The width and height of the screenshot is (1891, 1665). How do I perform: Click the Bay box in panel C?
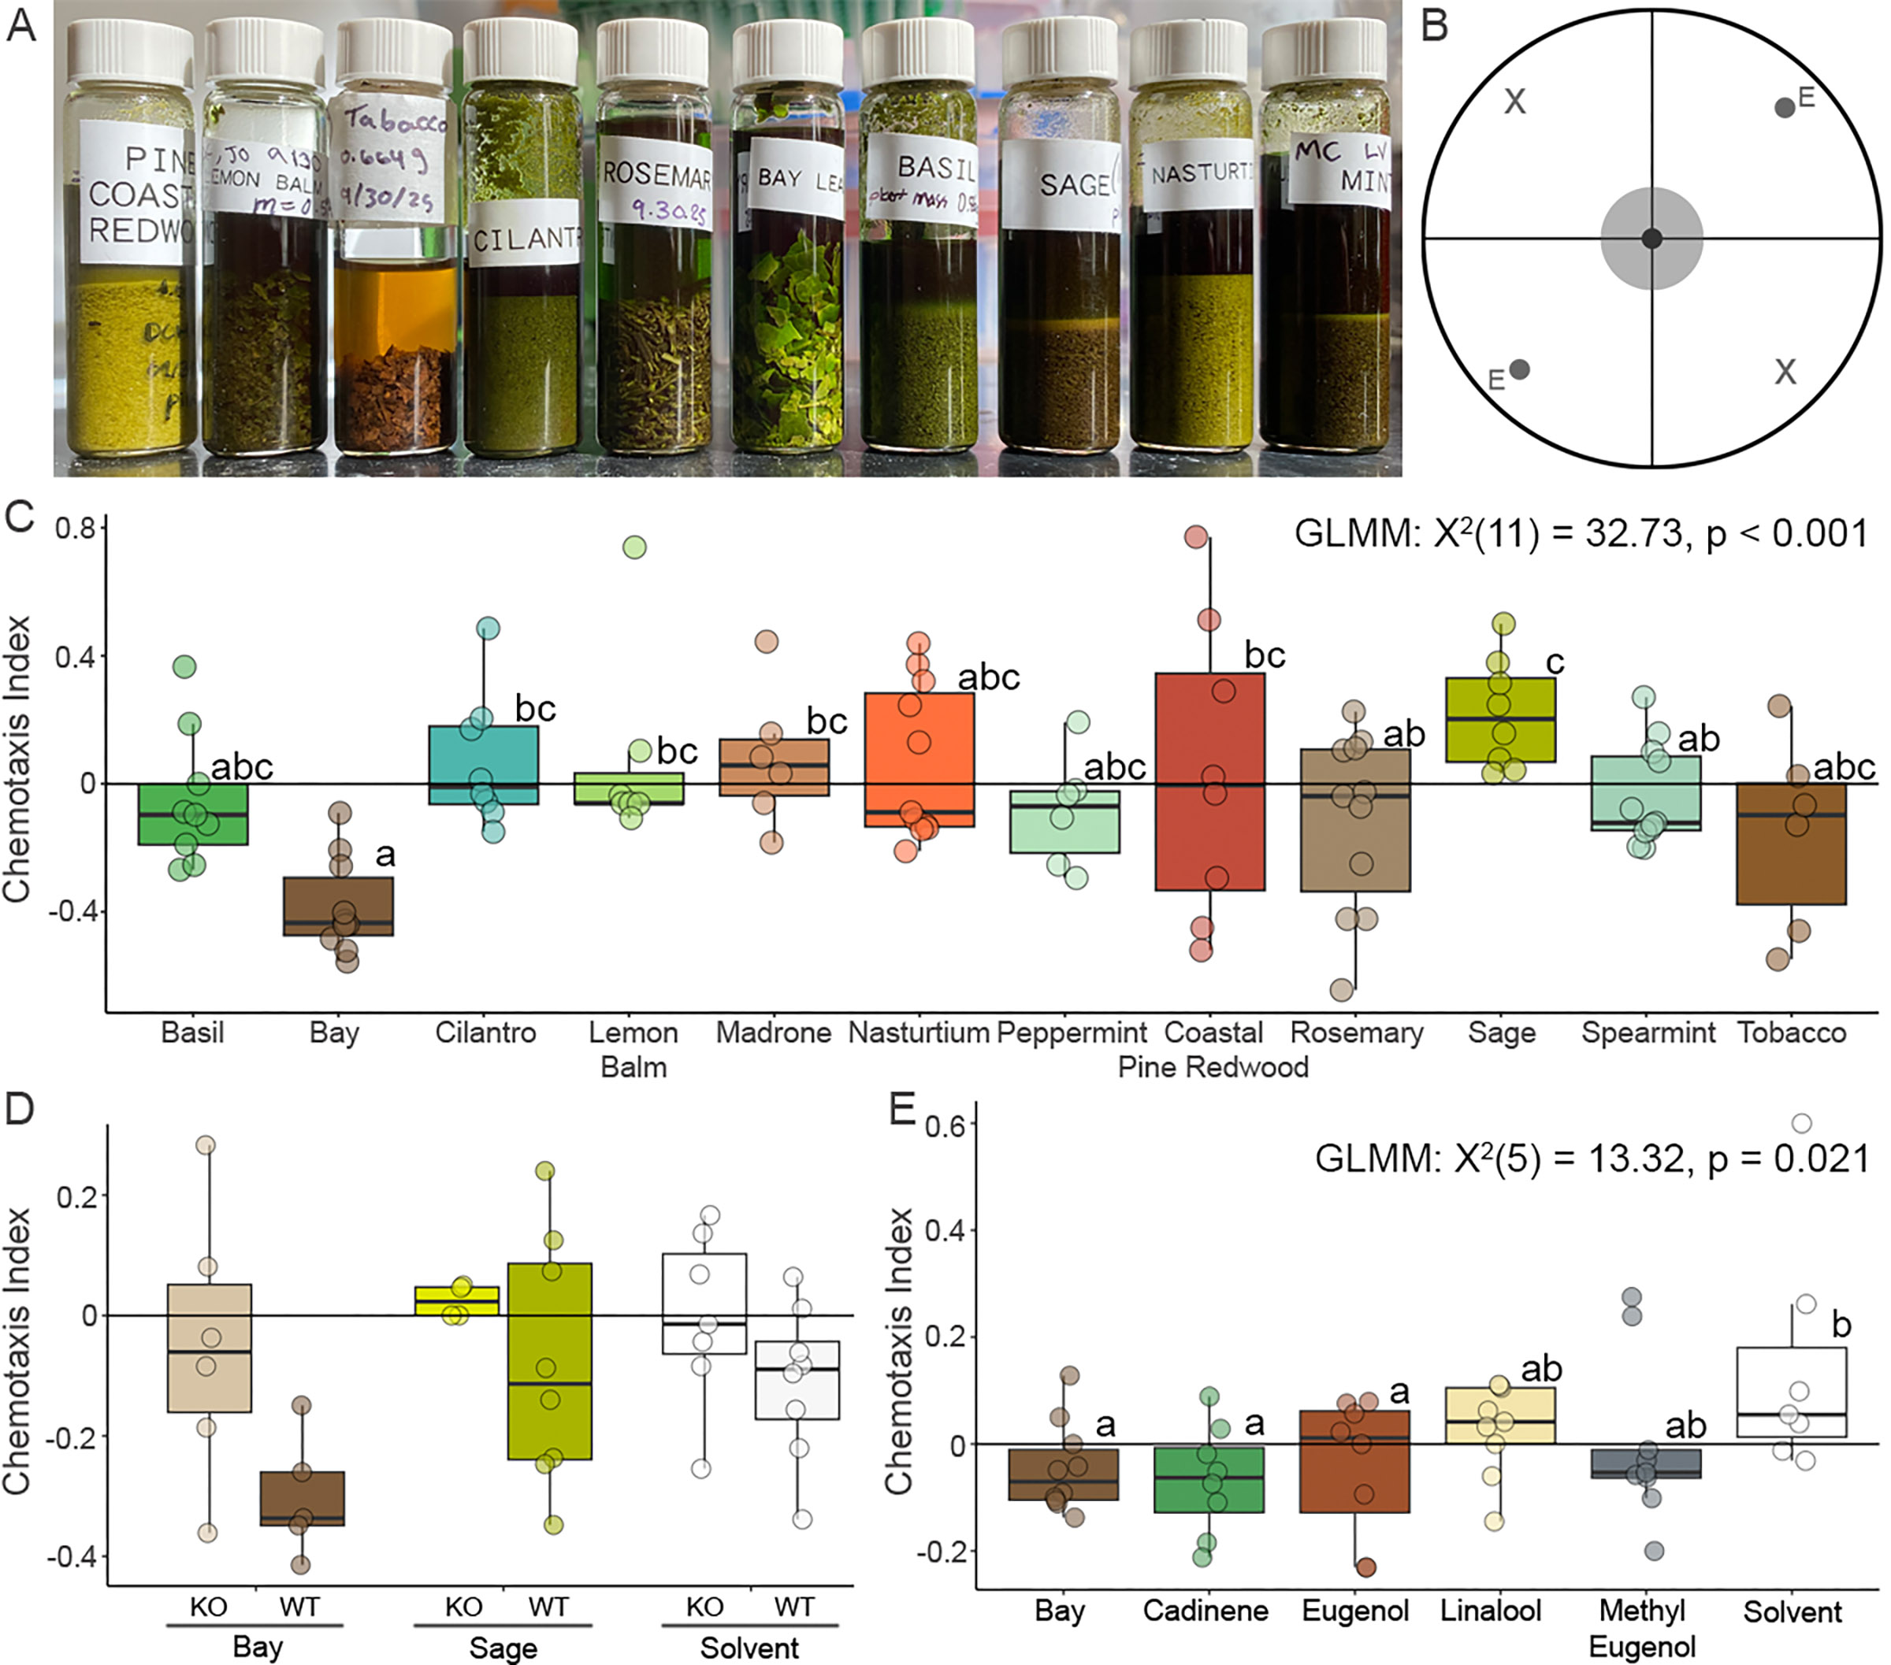pyautogui.click(x=338, y=906)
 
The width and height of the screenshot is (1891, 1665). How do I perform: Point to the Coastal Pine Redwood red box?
pyautogui.click(x=1209, y=781)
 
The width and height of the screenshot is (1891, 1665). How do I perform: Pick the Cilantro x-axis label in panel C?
pyautogui.click(x=485, y=1033)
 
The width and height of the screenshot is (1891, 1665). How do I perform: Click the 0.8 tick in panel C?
pyautogui.click(x=75, y=529)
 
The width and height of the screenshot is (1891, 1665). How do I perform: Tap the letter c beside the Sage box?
pyautogui.click(x=1555, y=662)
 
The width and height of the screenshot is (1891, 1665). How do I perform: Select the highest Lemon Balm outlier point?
pyautogui.click(x=633, y=547)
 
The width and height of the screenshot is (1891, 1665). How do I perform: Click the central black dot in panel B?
pyautogui.click(x=1651, y=239)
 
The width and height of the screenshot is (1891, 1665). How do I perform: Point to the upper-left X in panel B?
pyautogui.click(x=1514, y=101)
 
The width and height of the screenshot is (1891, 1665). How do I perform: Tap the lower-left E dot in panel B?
pyautogui.click(x=1519, y=370)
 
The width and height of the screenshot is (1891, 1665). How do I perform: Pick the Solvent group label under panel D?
pyautogui.click(x=749, y=1648)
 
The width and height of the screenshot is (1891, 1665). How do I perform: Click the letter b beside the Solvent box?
pyautogui.click(x=1841, y=1325)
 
